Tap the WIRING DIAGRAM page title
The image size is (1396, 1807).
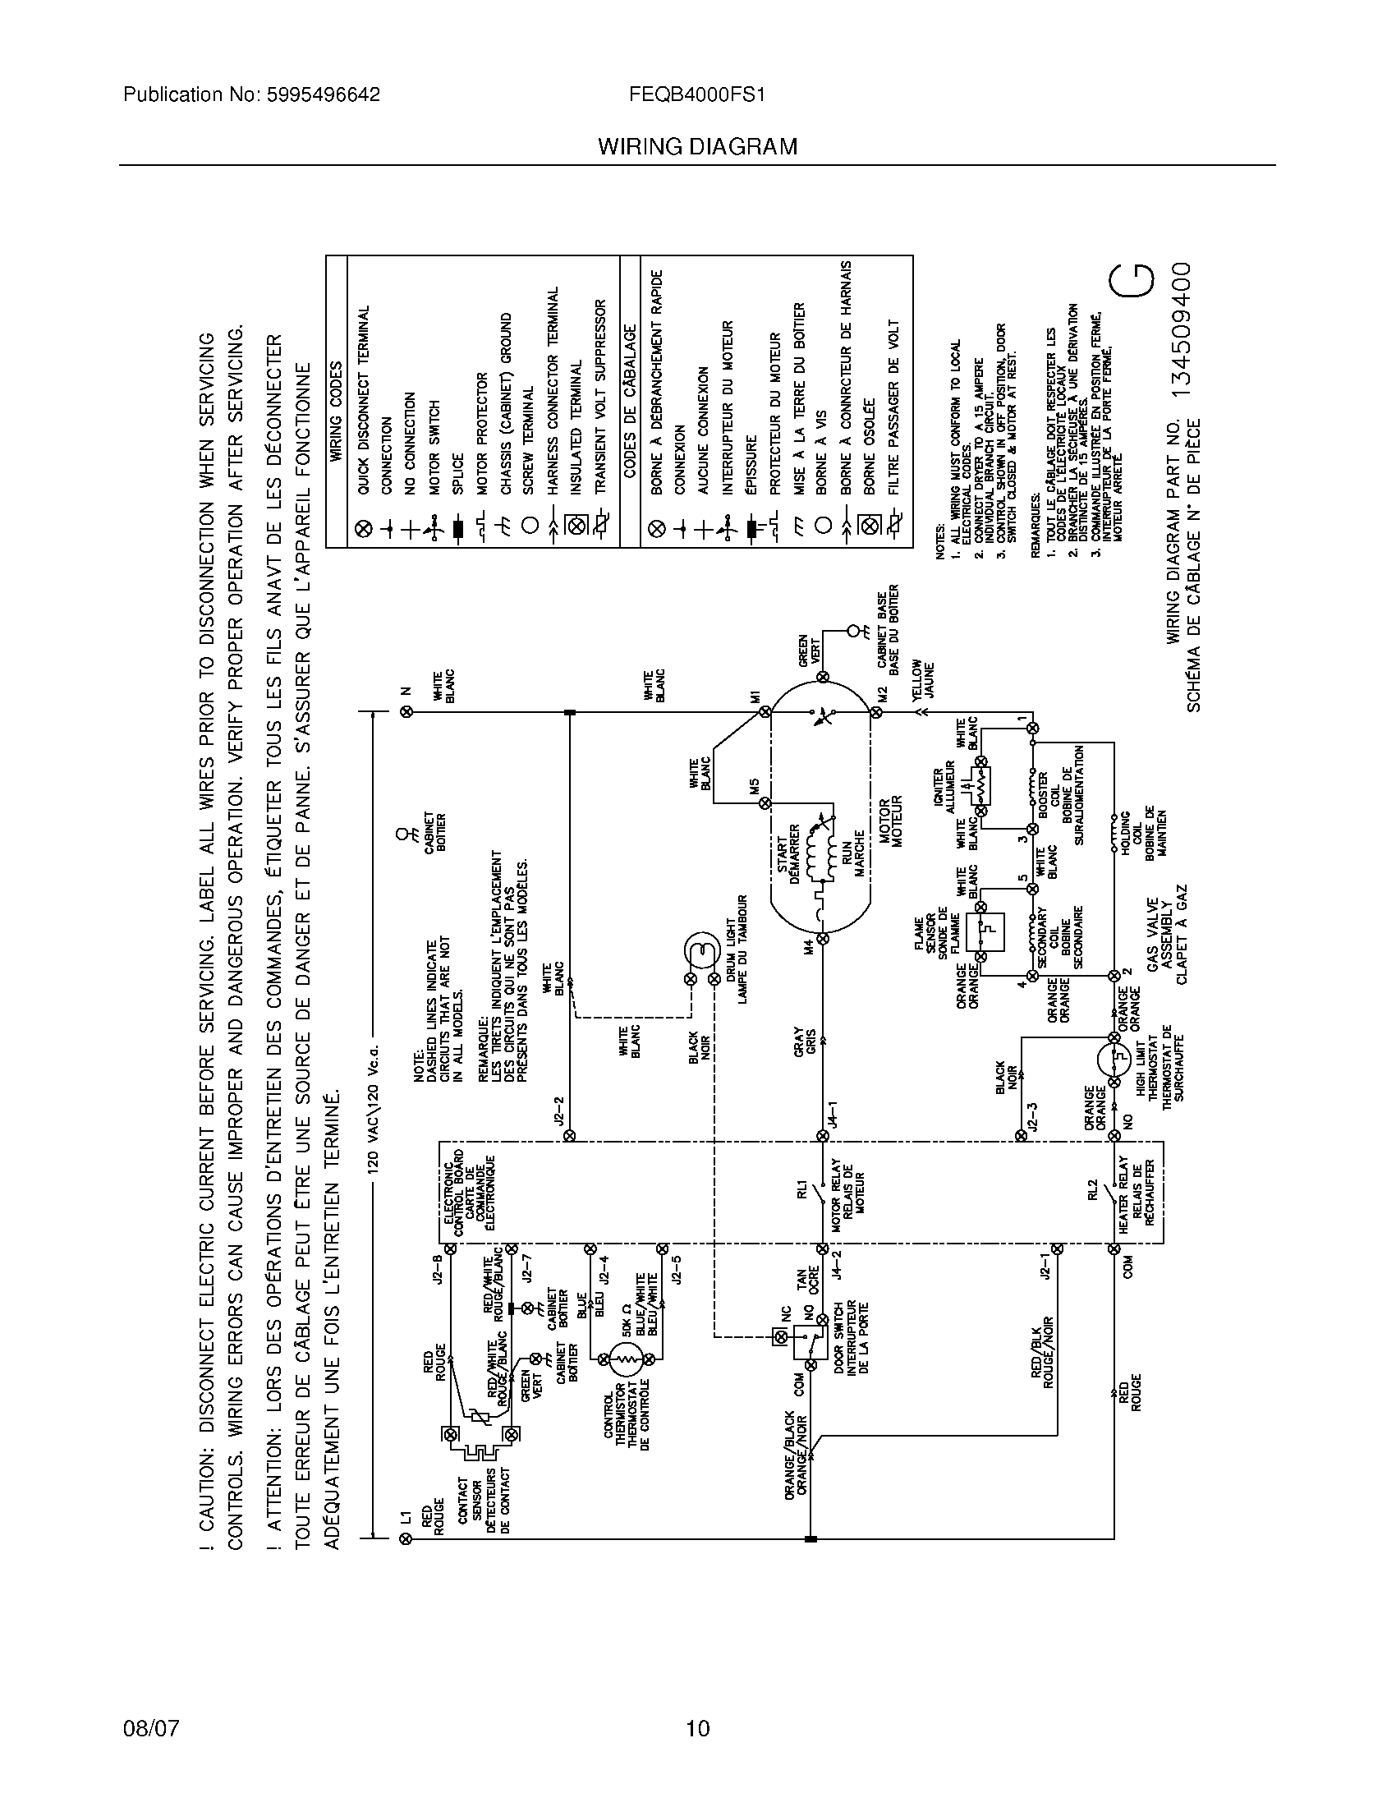tap(697, 147)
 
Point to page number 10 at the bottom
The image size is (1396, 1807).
tap(697, 1728)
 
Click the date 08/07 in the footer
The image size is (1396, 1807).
tap(150, 1728)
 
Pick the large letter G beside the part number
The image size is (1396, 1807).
tap(1132, 291)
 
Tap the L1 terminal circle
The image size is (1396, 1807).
tap(405, 1538)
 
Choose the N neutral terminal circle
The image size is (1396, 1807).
tap(405, 710)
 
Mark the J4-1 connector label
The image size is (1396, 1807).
tap(835, 1113)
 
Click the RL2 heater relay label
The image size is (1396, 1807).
tap(1092, 1192)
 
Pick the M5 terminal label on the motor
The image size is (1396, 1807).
tap(754, 787)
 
